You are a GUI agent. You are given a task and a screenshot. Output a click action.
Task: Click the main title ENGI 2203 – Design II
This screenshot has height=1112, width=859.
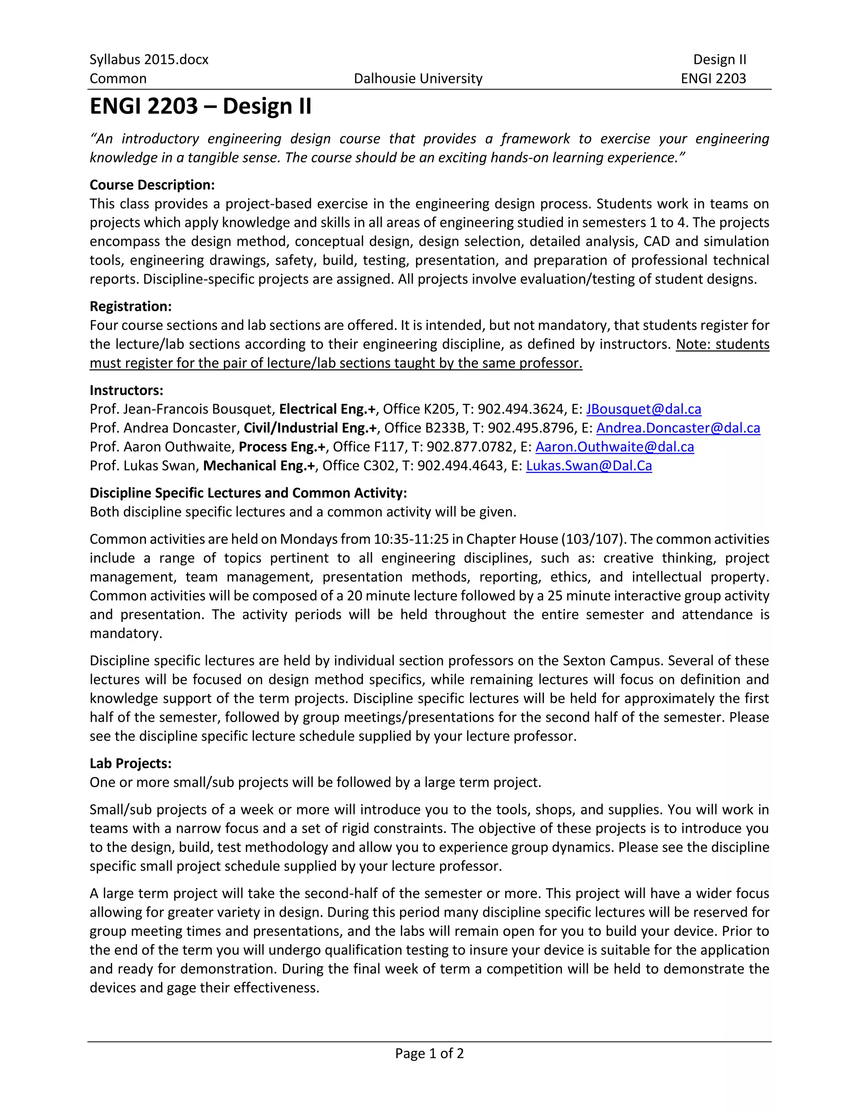coord(200,107)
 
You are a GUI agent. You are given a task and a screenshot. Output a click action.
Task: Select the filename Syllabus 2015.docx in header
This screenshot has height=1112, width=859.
coord(148,60)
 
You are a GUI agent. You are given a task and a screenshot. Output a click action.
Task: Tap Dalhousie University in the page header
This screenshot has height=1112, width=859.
coord(418,78)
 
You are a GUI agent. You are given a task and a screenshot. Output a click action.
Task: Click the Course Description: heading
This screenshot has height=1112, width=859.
coord(152,185)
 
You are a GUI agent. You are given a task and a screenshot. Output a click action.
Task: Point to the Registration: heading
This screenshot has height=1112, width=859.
coord(131,306)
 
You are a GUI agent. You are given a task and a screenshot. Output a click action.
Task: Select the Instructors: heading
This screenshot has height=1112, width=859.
coord(126,391)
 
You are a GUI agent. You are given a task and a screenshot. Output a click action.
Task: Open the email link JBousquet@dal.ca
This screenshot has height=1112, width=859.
coord(643,410)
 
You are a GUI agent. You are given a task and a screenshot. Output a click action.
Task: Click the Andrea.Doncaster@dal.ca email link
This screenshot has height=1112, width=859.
coord(678,428)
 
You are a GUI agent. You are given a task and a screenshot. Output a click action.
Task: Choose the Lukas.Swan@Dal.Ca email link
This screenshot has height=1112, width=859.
coord(589,466)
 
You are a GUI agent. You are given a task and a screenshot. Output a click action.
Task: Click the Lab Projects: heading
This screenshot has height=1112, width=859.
coord(131,764)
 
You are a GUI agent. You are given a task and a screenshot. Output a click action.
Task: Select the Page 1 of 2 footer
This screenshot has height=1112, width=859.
coord(429,1053)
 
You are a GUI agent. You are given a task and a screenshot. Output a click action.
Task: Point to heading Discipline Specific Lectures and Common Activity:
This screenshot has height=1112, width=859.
coord(248,493)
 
